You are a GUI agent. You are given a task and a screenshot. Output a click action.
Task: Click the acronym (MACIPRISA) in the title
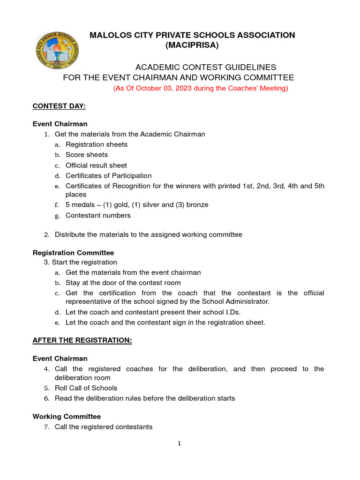pos(192,45)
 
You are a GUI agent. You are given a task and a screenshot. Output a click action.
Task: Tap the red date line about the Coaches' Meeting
pos(201,88)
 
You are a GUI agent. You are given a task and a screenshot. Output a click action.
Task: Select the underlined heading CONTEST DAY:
pos(59,106)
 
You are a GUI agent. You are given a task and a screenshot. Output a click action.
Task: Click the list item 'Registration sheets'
pos(96,144)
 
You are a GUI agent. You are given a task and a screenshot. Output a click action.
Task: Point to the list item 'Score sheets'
pos(87,155)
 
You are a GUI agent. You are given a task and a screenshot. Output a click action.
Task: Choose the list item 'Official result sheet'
pos(96,165)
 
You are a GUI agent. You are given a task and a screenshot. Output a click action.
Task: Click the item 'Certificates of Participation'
pos(108,176)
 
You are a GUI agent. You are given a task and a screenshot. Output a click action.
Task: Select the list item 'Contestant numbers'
pos(98,216)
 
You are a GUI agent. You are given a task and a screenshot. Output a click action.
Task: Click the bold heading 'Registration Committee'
pos(73,253)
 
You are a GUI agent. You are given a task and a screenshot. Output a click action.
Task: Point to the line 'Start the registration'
pos(84,262)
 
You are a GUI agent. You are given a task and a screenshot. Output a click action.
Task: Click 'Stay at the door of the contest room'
pos(123,283)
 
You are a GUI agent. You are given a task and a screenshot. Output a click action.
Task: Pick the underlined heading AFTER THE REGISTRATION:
pos(82,341)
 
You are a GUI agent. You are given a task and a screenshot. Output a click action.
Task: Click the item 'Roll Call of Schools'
pos(86,388)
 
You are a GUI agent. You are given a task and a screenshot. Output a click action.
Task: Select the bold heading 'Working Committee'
pos(67,416)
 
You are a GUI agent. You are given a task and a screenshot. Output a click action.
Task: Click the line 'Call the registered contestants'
pos(103,427)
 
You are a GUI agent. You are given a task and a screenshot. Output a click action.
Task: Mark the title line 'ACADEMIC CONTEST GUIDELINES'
pos(206,67)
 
